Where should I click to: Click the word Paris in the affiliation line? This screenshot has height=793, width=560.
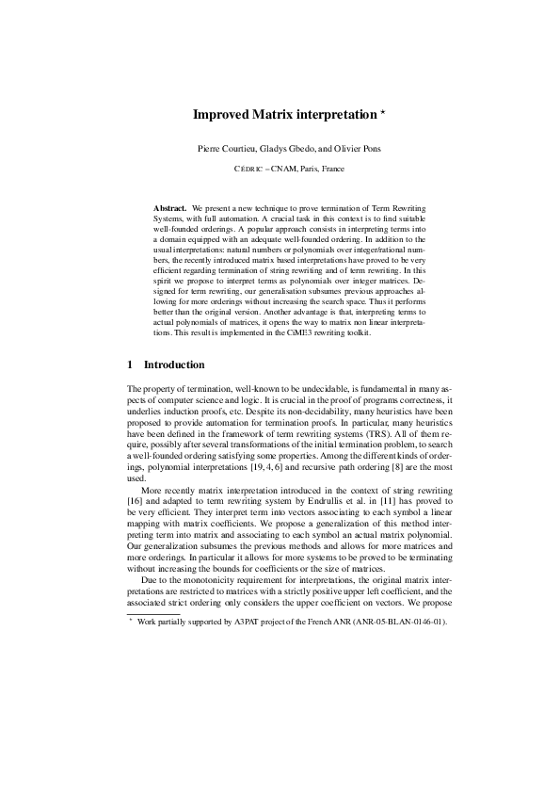pos(302,170)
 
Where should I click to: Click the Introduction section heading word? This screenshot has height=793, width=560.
pos(173,364)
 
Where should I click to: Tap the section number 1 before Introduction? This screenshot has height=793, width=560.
pos(129,364)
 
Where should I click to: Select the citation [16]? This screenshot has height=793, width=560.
pos(134,501)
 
